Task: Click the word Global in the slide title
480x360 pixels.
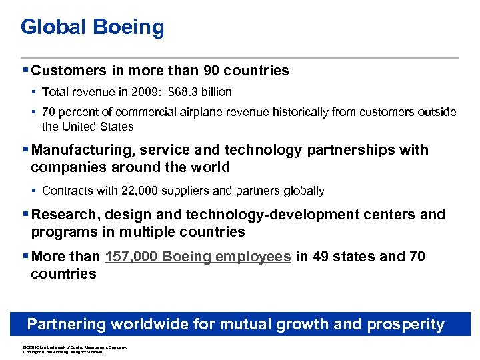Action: [x=53, y=27]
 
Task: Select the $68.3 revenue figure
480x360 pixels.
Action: [x=181, y=92]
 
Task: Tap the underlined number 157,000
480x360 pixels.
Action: [x=131, y=257]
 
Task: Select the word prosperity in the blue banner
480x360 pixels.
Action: [x=403, y=325]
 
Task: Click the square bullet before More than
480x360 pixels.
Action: [x=25, y=257]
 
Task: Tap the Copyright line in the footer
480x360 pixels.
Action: [x=63, y=352]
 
